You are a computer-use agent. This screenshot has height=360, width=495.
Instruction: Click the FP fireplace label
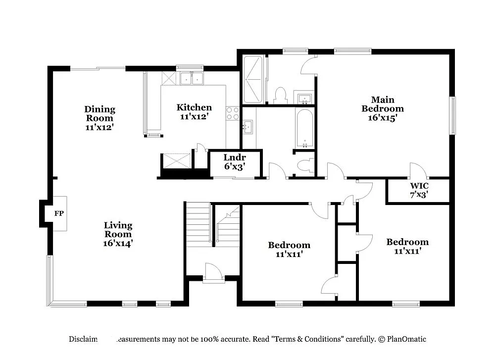58,214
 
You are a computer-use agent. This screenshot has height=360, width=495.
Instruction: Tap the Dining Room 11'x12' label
99,117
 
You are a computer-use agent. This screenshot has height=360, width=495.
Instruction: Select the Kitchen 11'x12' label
194,112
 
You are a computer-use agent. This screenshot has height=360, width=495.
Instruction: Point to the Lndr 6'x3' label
234,162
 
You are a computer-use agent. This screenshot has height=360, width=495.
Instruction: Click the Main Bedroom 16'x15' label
382,108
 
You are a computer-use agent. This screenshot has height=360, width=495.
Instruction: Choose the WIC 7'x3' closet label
418,190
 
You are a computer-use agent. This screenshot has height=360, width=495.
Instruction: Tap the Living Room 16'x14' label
118,234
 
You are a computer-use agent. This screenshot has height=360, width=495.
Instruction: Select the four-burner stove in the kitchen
233,113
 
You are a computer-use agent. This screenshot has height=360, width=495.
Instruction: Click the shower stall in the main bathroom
253,79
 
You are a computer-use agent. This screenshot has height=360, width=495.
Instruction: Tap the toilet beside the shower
281,95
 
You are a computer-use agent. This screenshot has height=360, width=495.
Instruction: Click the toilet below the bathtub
305,165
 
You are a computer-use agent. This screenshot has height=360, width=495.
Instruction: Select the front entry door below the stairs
213,273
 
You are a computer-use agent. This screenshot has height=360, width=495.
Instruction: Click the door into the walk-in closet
417,171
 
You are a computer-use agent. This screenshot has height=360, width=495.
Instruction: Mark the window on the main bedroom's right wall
452,115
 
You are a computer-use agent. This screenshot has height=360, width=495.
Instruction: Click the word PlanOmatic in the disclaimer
406,339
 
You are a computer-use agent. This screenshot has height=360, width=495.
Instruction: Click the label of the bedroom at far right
407,246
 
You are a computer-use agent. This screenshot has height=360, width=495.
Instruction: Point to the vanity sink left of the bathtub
247,127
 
